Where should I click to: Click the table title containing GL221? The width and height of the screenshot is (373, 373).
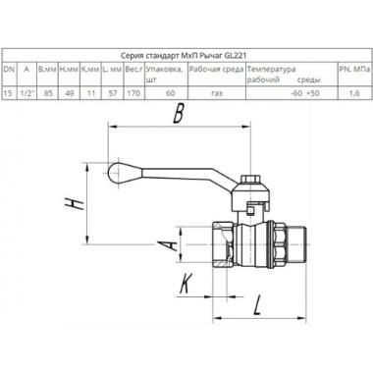[184, 55]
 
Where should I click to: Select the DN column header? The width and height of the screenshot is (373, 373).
[9, 69]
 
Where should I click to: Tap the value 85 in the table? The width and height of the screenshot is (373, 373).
[48, 93]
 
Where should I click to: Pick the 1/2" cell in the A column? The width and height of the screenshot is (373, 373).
[27, 93]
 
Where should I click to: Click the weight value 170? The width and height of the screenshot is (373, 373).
[133, 93]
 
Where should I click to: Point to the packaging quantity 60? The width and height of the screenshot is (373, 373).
[170, 93]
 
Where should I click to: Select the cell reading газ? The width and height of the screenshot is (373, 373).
[217, 93]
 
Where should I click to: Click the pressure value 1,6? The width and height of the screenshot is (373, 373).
[354, 93]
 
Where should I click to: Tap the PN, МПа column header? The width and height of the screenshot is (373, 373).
[354, 70]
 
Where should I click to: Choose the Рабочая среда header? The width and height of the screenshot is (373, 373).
[217, 70]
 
